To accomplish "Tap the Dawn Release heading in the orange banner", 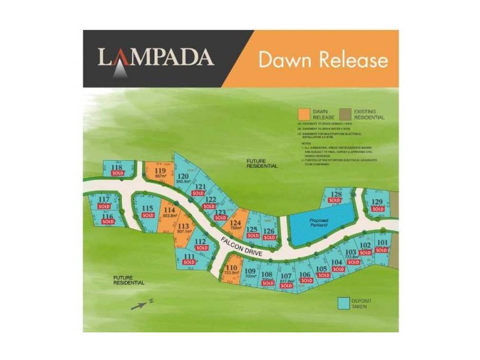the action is click(323, 60).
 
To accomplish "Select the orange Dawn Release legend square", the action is click(304, 113).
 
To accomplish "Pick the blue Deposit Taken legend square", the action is click(343, 302).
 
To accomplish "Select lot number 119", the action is click(160, 170).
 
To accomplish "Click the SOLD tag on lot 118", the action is click(117, 173).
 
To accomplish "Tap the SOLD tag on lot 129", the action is click(377, 209).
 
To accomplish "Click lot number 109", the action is click(250, 271).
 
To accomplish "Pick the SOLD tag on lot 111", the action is click(190, 263).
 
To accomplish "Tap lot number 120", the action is click(184, 176).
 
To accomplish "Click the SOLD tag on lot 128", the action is click(335, 200).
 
